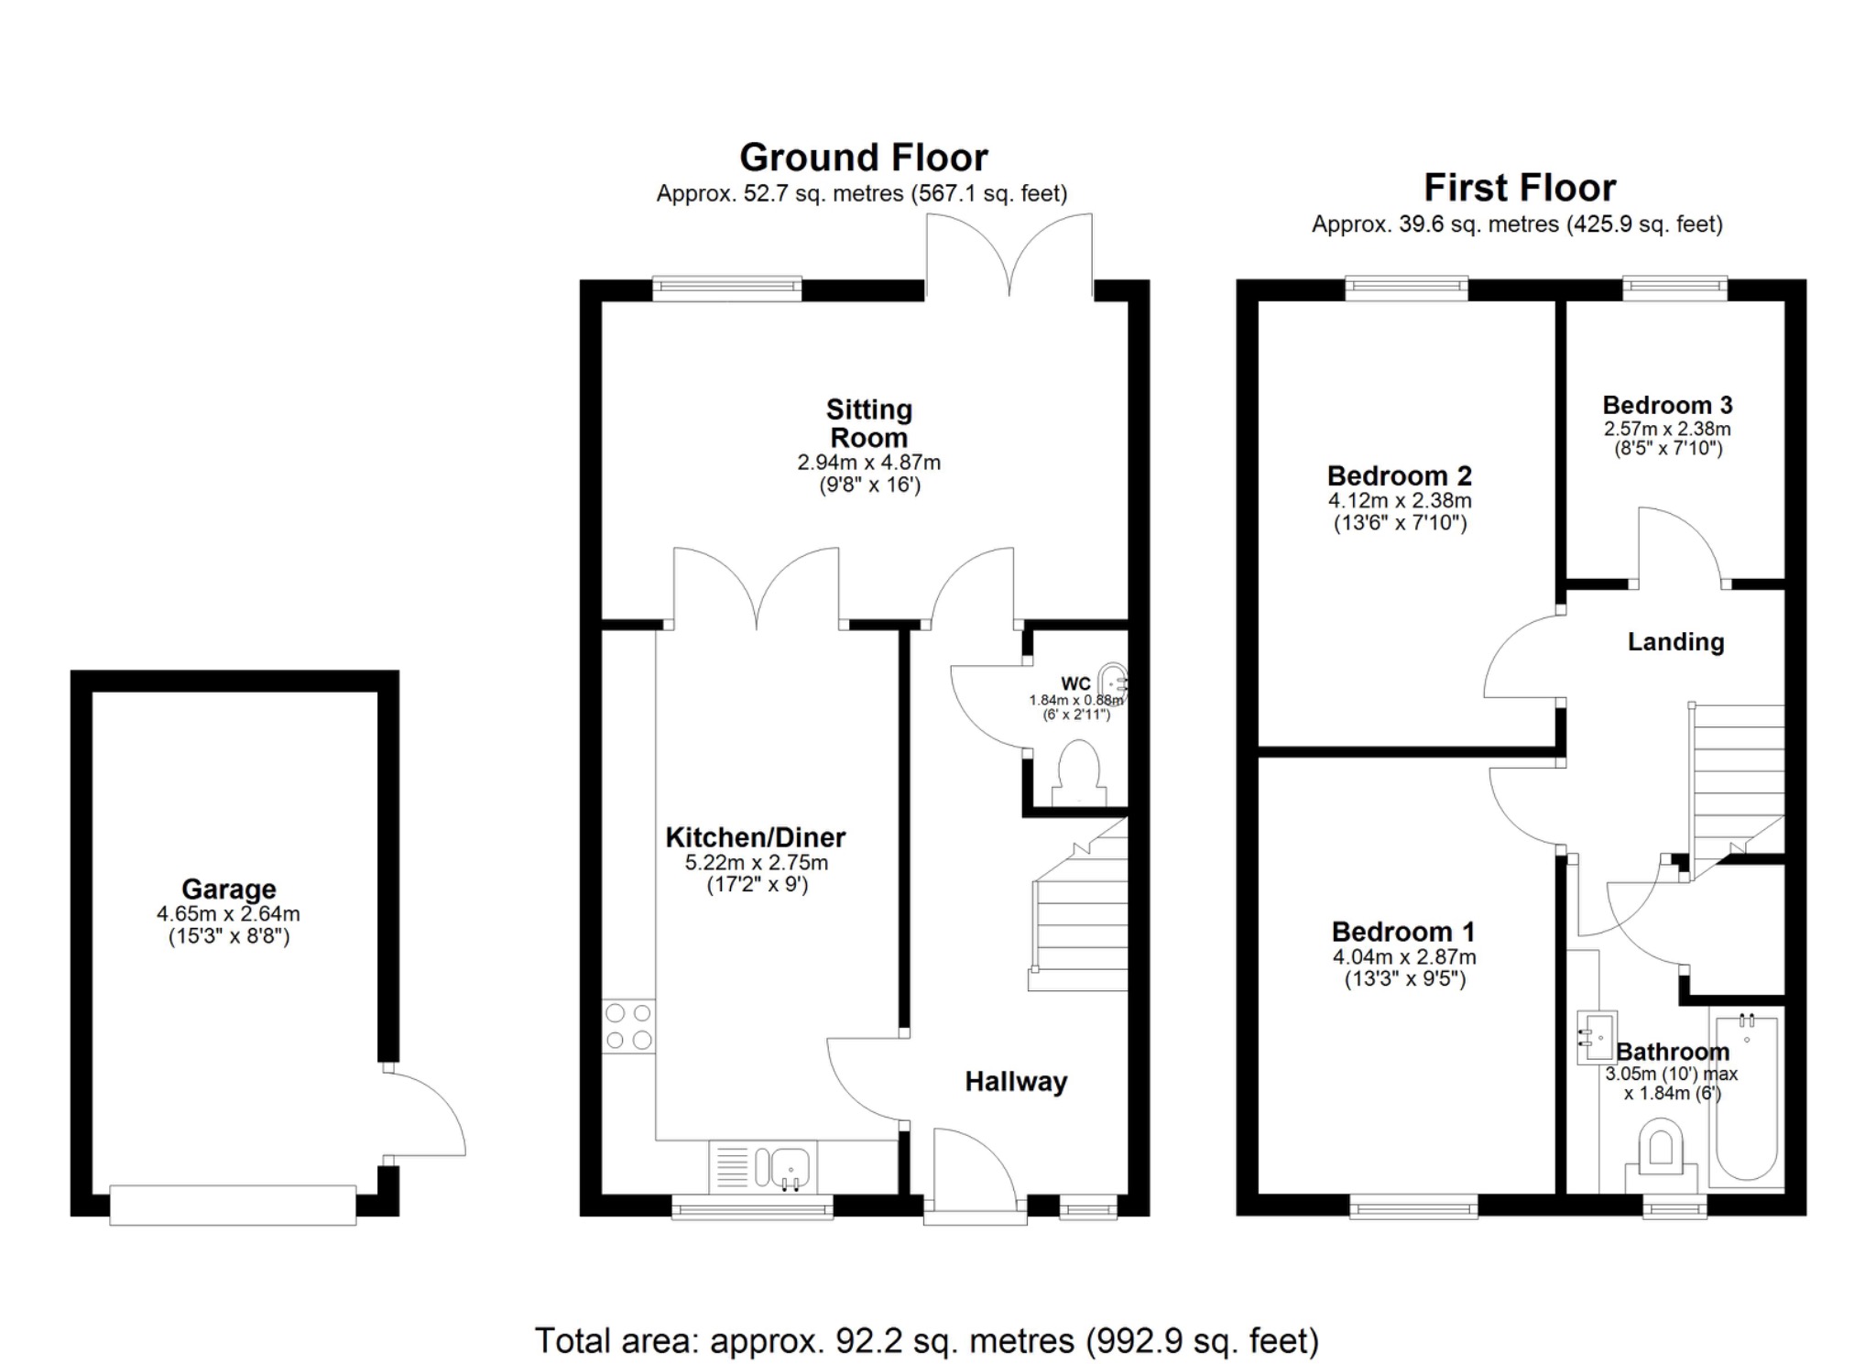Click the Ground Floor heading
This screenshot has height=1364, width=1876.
click(x=863, y=158)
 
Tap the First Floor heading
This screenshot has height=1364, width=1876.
click(x=1519, y=188)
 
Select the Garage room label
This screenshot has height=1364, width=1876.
click(x=228, y=889)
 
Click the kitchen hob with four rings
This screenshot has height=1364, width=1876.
click(x=628, y=1026)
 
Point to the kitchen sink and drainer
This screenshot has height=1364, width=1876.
click(x=763, y=1167)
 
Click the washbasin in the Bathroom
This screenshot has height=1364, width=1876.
click(x=1595, y=1038)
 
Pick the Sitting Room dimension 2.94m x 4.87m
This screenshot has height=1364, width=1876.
click(x=868, y=463)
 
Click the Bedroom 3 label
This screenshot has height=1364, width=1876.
click(x=1666, y=405)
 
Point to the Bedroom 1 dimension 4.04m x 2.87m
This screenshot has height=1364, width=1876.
click(x=1403, y=957)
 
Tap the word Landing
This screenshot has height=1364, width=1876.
click(x=1674, y=642)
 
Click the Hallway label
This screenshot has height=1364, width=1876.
click(x=1015, y=1082)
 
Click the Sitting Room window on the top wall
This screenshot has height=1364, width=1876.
click(x=726, y=289)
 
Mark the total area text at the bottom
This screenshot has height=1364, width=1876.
click(x=926, y=1340)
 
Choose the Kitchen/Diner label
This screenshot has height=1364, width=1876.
click(x=755, y=837)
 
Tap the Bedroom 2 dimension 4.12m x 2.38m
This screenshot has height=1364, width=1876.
click(x=1399, y=501)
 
